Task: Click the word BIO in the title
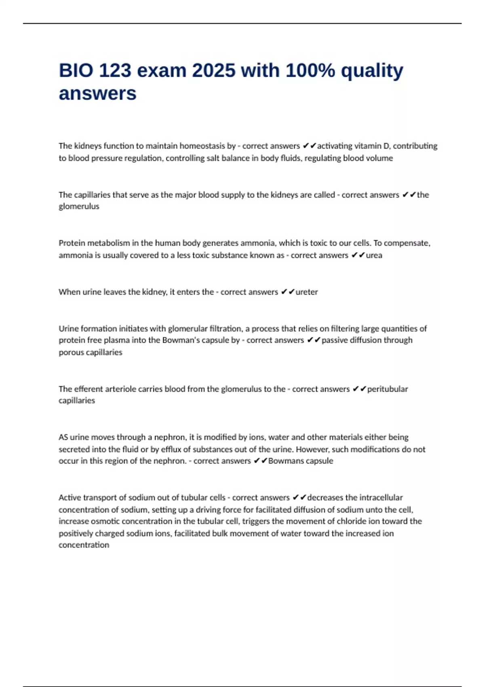(x=76, y=71)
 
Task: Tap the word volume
(x=379, y=158)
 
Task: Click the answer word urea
(x=374, y=255)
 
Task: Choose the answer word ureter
(x=307, y=292)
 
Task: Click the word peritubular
(x=387, y=389)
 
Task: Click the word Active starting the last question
(x=70, y=497)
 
